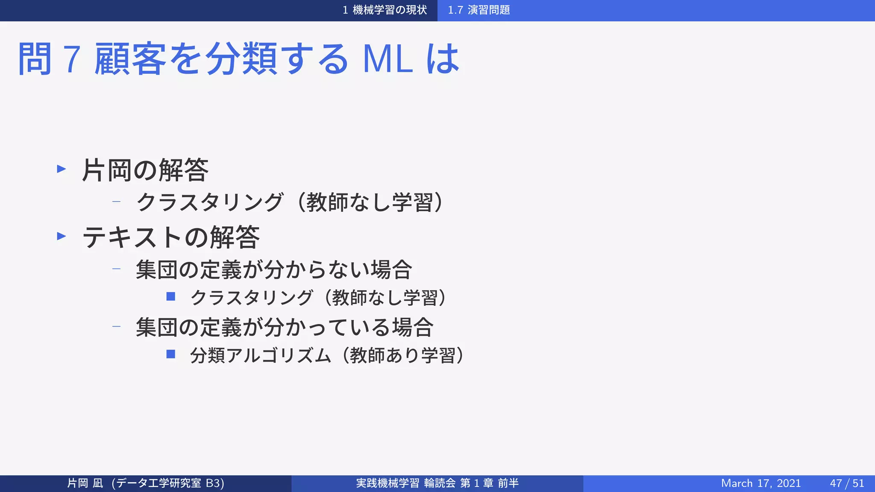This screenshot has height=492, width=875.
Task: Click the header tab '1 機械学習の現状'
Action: pos(385,10)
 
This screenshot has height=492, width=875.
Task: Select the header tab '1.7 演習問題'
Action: pos(479,10)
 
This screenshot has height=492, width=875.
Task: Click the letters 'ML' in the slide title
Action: pos(388,59)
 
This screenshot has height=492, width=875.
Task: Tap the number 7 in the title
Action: pos(72,59)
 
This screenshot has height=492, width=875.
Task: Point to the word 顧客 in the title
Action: pos(130,59)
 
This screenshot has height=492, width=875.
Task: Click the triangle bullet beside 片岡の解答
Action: pos(62,169)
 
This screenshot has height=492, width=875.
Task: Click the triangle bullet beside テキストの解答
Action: pos(62,236)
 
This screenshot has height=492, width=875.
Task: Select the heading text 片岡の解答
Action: pos(145,170)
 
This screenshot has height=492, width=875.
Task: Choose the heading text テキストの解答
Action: pos(171,237)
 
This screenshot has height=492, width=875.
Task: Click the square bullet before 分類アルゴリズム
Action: pos(171,354)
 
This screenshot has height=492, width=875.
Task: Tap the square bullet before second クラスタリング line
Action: pos(171,296)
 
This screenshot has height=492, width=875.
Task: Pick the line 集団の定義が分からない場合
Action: pos(273,269)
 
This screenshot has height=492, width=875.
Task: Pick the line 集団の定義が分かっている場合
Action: pos(285,327)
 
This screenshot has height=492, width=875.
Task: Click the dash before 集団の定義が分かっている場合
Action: pos(116,327)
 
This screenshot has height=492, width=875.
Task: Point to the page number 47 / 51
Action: pos(847,483)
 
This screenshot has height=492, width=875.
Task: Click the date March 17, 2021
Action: pos(760,483)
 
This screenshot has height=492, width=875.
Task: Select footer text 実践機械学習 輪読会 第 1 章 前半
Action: pos(437,483)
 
